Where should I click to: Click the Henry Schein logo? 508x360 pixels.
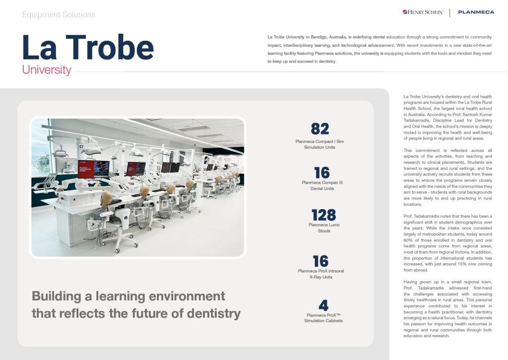pos(423,12)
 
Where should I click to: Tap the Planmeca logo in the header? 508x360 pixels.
pos(476,12)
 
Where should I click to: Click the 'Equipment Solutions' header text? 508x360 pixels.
pos(59,15)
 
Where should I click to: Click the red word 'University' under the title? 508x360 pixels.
pos(47,70)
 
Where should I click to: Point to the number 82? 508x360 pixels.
pos(320,129)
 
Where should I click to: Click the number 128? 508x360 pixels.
pos(323,216)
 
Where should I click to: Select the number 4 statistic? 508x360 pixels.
pos(323,304)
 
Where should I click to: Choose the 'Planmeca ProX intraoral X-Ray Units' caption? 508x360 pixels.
pos(322,274)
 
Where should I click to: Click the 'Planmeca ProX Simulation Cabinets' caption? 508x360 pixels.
pos(323,318)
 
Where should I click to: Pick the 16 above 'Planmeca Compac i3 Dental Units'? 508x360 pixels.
pos(322,173)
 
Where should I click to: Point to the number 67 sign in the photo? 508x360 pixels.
pos(81,146)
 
